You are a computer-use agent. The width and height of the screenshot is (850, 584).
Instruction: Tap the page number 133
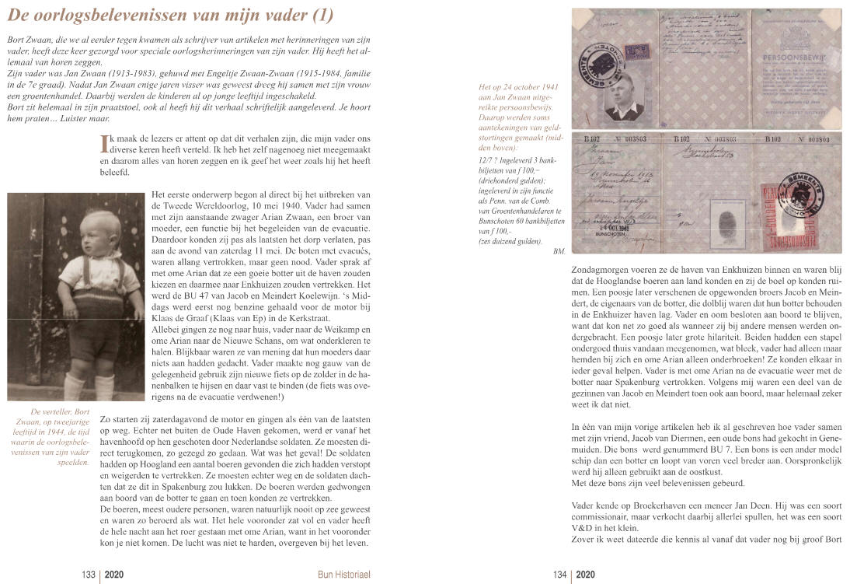(x=88, y=575)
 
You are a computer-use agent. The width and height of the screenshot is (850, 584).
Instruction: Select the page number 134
(x=559, y=575)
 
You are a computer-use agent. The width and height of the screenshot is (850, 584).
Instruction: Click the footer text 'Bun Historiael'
(x=344, y=575)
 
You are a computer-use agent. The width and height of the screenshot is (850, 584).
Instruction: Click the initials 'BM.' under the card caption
(x=559, y=251)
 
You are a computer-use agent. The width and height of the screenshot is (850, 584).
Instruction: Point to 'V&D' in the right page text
(x=586, y=529)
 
